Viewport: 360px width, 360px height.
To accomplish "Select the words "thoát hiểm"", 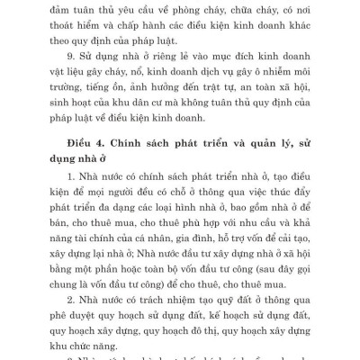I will coord(64,28).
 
